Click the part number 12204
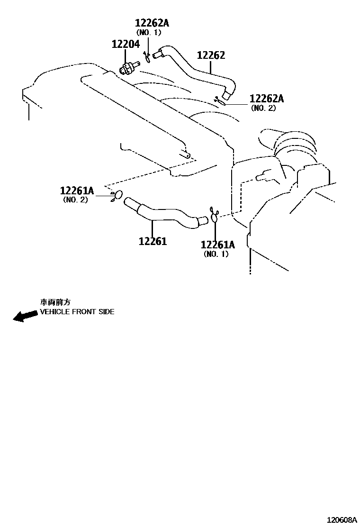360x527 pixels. pos(126,45)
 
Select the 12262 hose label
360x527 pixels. pos(211,55)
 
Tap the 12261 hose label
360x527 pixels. pos(153,241)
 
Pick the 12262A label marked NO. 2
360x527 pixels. pos(266,99)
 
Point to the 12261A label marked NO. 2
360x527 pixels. pos(77,191)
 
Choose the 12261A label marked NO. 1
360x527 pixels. pos(217,245)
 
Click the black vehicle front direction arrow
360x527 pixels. pos(25,316)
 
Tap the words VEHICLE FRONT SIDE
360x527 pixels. pos(77,312)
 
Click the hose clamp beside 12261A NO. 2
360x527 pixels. pos(117,195)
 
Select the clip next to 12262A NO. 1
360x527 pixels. pos(147,57)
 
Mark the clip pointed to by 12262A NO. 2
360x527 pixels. pos(220,100)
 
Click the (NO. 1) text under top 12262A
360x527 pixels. pos(149,32)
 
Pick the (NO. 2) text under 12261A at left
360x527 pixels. pos(75,200)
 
